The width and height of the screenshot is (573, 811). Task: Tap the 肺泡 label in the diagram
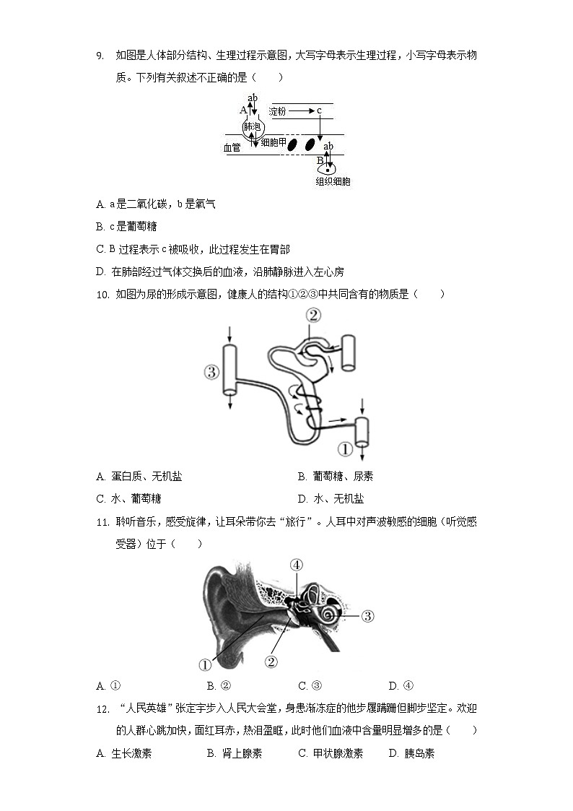252,126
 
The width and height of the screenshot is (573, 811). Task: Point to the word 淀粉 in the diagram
279,111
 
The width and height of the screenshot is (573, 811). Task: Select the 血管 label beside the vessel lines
232,147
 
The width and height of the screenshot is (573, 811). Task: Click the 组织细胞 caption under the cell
333,182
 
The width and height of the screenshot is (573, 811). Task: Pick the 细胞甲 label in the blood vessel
274,143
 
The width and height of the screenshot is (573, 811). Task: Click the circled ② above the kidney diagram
312,315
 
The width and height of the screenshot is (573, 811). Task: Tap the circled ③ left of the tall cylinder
211,372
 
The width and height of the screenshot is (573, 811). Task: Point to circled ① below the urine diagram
345,449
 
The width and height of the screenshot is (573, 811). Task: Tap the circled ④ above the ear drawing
297,565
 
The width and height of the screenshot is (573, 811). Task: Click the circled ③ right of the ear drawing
367,616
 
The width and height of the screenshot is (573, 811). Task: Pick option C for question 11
310,685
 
